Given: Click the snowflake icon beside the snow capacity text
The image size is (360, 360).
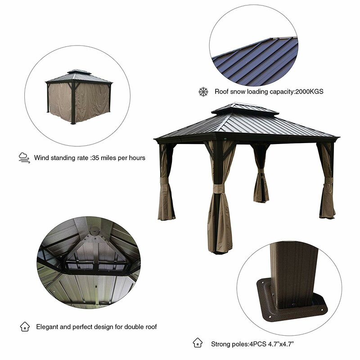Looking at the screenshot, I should (x=203, y=92).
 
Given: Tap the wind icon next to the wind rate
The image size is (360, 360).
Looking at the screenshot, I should (x=24, y=157).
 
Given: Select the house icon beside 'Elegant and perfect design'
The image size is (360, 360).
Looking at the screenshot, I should (x=24, y=327).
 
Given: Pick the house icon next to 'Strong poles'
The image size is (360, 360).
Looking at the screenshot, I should (x=197, y=343).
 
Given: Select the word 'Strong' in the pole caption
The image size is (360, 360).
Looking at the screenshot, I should (x=221, y=344).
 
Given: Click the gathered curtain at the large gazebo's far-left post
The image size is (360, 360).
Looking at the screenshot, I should (x=165, y=189).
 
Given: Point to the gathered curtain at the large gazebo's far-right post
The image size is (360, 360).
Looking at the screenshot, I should (x=327, y=189).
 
